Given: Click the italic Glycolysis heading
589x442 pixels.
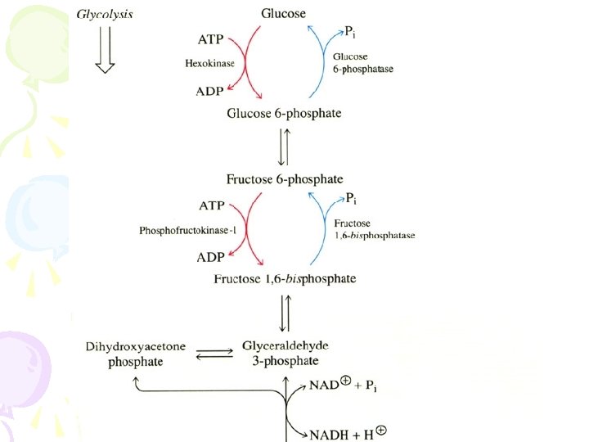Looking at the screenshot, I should click(106, 14).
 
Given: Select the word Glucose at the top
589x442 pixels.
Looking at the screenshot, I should click(283, 13).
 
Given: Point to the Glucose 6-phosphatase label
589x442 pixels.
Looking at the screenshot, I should click(363, 63).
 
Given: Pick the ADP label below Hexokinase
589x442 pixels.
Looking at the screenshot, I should click(210, 91).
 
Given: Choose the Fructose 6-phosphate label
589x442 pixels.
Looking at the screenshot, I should click(284, 178).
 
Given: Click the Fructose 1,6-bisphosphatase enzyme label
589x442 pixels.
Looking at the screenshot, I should click(374, 229).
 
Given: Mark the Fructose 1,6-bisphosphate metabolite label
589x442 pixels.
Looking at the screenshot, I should click(285, 278).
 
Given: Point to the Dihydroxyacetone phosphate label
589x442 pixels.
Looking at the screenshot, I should click(136, 354).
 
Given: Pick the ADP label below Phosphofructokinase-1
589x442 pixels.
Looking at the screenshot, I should click(210, 257).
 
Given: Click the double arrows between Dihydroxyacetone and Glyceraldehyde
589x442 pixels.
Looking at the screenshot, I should click(214, 354).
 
